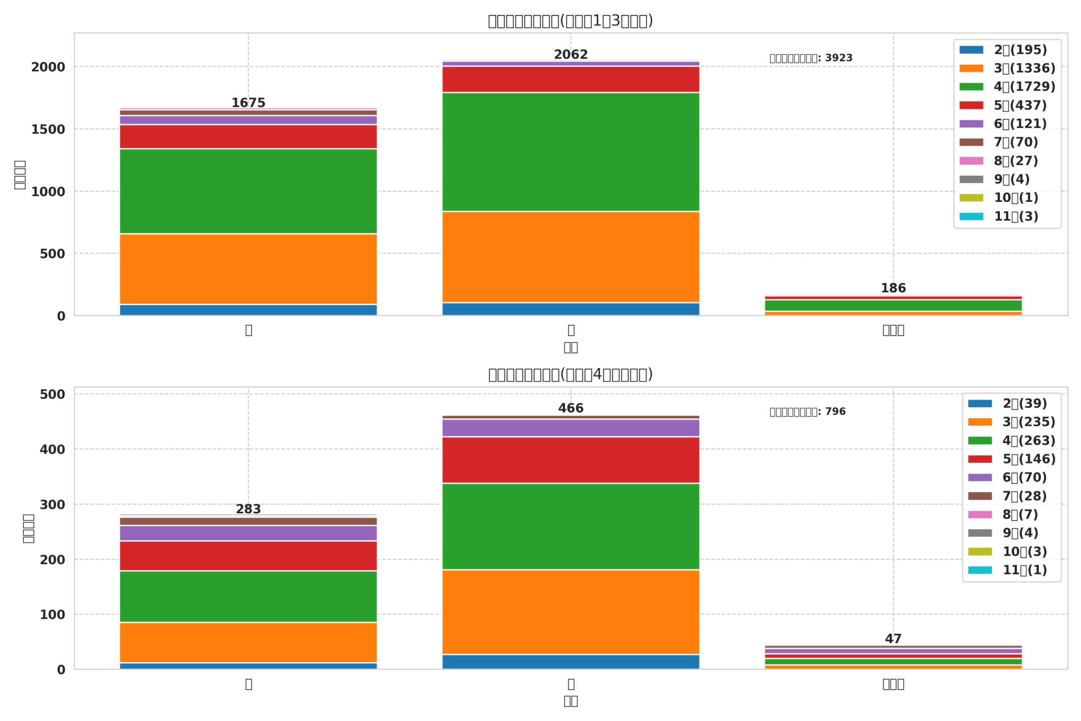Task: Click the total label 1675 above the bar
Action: [x=248, y=103]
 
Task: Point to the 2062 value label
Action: [x=570, y=55]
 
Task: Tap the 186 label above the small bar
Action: [x=893, y=288]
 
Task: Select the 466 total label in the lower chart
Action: [x=570, y=408]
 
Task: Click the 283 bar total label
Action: [x=248, y=509]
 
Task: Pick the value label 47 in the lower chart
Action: [x=893, y=639]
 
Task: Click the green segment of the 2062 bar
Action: [x=570, y=152]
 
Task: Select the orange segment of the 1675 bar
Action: [x=248, y=269]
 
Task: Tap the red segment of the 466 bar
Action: [x=570, y=460]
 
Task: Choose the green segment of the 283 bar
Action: [x=248, y=596]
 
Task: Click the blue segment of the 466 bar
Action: [x=570, y=662]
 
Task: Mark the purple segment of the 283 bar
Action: [x=248, y=533]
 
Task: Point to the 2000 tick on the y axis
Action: [x=48, y=67]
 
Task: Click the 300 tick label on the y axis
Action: [x=52, y=505]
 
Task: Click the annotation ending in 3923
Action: [x=811, y=58]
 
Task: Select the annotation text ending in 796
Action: [x=807, y=411]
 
